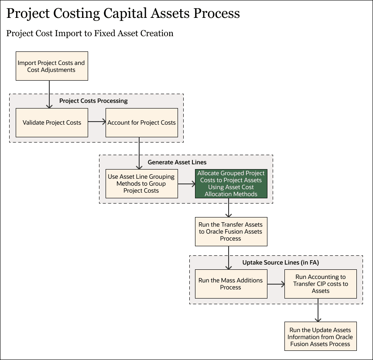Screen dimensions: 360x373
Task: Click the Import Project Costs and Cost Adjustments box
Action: point(51,66)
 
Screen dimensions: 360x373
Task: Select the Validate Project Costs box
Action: point(51,122)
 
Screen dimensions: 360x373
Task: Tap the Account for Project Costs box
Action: point(141,122)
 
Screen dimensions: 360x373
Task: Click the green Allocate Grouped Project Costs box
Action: point(231,183)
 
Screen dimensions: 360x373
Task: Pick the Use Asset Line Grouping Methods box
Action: point(141,183)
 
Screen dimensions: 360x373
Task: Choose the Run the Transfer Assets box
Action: point(231,231)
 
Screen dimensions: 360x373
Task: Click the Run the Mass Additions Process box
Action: point(231,284)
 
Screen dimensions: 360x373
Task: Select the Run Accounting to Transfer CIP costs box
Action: point(320,284)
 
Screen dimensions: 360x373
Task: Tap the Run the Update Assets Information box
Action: point(320,336)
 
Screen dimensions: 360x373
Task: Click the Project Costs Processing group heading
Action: point(93,101)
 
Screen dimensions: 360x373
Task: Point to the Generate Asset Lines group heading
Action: point(177,162)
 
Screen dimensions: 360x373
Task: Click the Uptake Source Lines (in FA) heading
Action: point(276,262)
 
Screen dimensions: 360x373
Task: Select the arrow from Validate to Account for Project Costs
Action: point(96,122)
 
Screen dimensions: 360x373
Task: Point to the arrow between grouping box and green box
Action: point(186,184)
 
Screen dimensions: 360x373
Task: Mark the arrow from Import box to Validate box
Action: point(49,94)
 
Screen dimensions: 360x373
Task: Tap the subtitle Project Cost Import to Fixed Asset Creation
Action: point(90,34)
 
